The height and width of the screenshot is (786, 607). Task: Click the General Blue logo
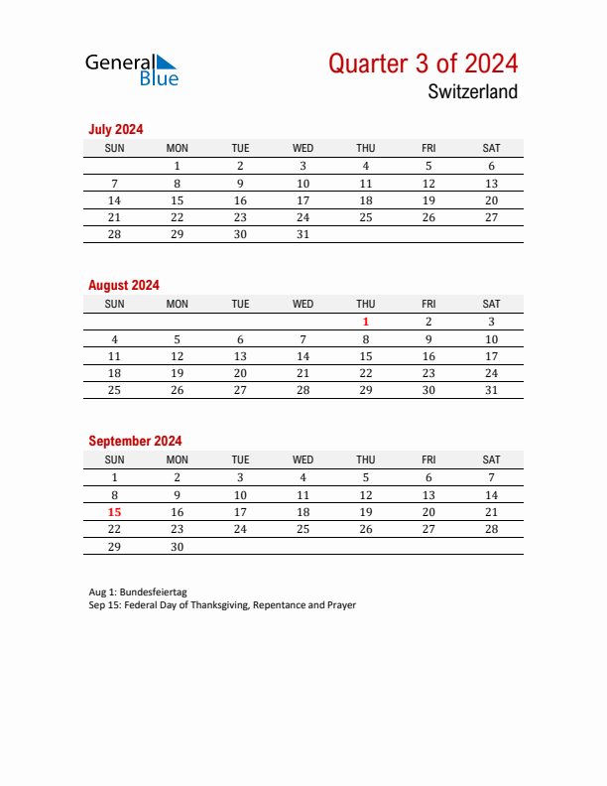coord(132,68)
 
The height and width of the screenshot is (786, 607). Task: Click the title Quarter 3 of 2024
coord(423,64)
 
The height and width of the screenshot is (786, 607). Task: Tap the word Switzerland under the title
coord(473,92)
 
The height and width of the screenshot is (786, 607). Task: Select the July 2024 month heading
coord(116,129)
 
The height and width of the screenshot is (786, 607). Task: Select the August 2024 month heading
coord(124,285)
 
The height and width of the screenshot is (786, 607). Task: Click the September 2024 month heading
coord(135,441)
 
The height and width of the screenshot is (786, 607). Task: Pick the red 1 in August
coord(366,322)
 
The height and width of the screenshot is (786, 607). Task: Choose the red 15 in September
coord(114,512)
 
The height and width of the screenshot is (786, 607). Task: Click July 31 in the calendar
coord(303,235)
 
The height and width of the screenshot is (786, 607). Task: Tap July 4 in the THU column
coord(366,167)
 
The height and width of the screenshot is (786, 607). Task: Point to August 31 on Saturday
coord(491,390)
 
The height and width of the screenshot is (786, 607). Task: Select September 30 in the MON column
coord(178,547)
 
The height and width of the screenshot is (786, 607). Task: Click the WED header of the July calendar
coord(303,148)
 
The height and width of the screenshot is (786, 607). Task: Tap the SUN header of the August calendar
coord(114,304)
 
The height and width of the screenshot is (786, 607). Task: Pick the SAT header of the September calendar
coord(491,459)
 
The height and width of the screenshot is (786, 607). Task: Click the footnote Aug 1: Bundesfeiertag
coord(137,591)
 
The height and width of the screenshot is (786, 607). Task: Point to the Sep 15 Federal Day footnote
coord(221,604)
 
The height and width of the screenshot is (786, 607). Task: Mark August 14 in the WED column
coord(303,356)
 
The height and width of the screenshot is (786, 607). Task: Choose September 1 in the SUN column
coord(114,477)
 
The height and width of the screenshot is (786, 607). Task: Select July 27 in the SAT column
coord(491,217)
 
